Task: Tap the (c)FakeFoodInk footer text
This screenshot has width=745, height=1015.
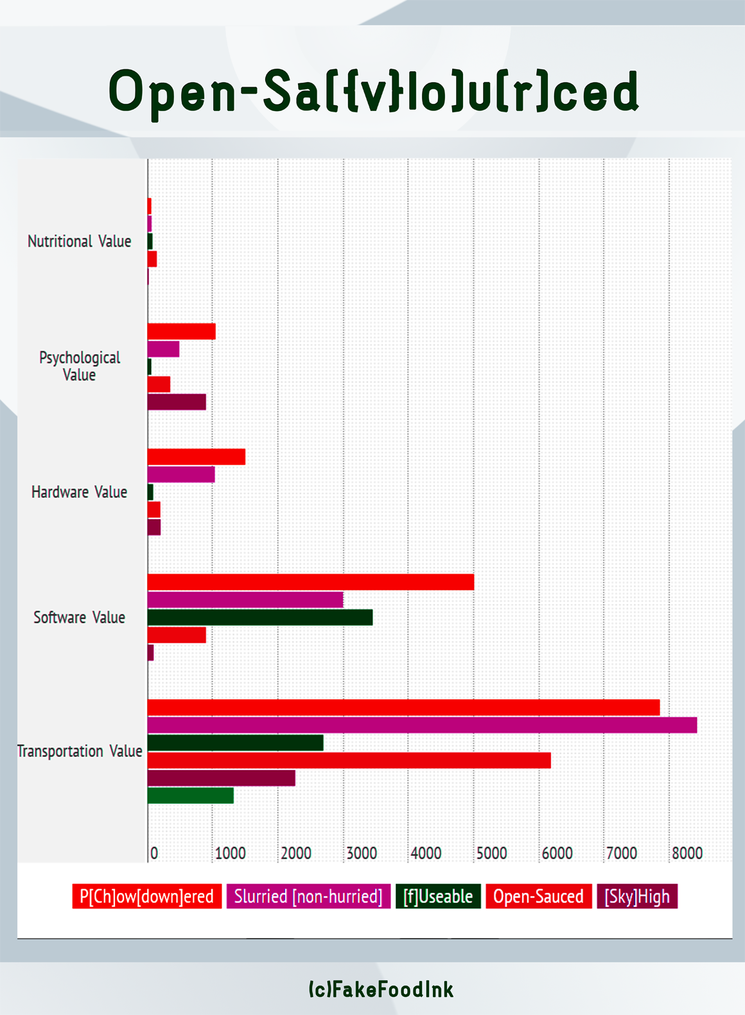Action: pyautogui.click(x=381, y=989)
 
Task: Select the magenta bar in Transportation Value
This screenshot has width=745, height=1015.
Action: pyautogui.click(x=422, y=725)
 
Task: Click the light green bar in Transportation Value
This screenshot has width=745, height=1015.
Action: pyautogui.click(x=190, y=796)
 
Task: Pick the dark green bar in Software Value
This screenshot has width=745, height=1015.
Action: pyautogui.click(x=260, y=617)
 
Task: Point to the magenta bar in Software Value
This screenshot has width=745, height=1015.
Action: pyautogui.click(x=245, y=600)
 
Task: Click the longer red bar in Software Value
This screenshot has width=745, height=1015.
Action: pyautogui.click(x=311, y=582)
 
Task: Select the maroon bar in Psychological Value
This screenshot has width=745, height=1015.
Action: pyautogui.click(x=177, y=402)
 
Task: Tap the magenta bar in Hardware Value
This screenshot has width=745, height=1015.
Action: pyautogui.click(x=181, y=475)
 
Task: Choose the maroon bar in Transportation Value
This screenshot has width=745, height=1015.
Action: pyautogui.click(x=221, y=778)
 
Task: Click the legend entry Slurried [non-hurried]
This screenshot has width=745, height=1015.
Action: pyautogui.click(x=308, y=896)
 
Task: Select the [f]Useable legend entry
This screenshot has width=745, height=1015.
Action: pyautogui.click(x=438, y=896)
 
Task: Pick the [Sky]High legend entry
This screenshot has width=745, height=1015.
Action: pyautogui.click(x=637, y=896)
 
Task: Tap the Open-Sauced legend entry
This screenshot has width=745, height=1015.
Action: pyautogui.click(x=538, y=896)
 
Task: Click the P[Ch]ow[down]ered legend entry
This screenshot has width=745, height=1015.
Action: pyautogui.click(x=146, y=896)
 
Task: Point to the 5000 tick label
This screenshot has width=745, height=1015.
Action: pyautogui.click(x=492, y=853)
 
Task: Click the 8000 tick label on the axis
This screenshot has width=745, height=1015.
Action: pyautogui.click(x=687, y=853)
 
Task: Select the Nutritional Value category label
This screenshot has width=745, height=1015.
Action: pyautogui.click(x=79, y=241)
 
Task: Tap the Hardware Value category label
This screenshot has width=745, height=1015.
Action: pyautogui.click(x=79, y=492)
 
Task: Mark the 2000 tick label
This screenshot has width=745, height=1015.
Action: pyautogui.click(x=296, y=853)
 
